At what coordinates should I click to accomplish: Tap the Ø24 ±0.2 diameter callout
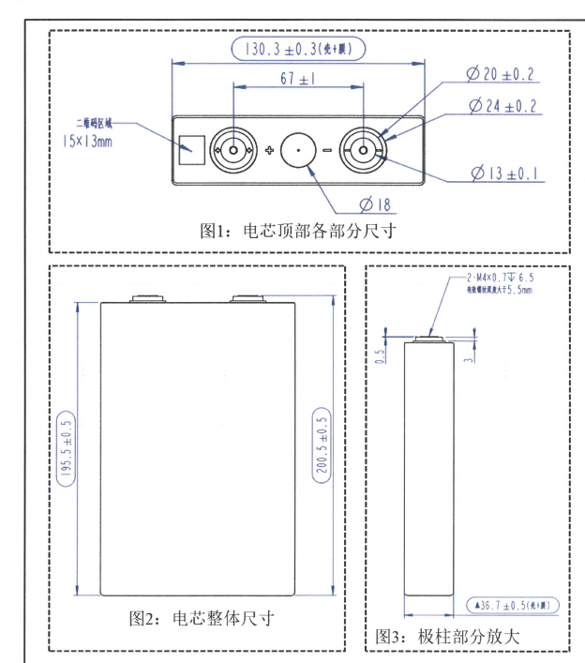pos(502,106)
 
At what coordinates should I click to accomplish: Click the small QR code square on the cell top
pos(190,149)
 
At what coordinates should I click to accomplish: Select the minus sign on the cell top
pos(327,150)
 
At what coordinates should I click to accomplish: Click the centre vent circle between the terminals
pos(299,149)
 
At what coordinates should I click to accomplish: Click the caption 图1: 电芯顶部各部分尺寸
pos(297,230)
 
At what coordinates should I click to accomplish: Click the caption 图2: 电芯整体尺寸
pos(201,620)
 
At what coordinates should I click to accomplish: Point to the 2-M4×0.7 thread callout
pos(501,279)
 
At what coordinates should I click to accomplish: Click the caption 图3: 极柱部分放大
pos(446,635)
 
